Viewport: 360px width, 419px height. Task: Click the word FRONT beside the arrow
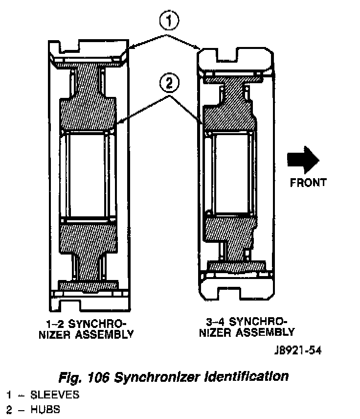(308, 183)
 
